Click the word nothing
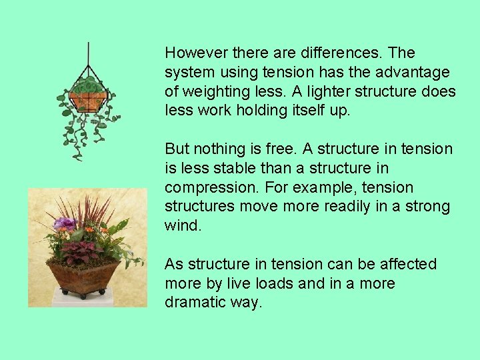click(219, 149)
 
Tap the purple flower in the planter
click(65, 224)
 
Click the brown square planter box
click(84, 277)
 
